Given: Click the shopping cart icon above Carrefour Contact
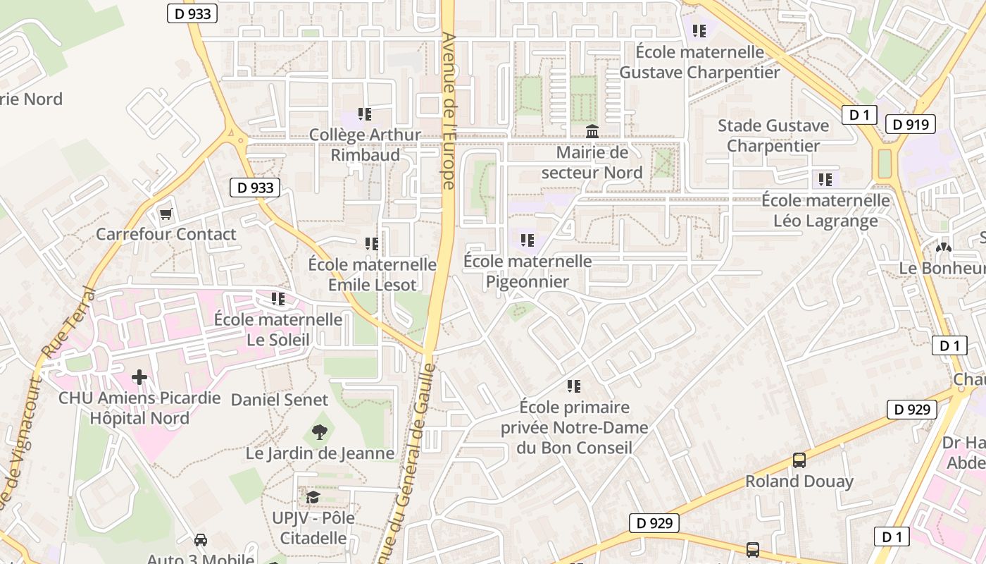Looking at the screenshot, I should pos(166,214).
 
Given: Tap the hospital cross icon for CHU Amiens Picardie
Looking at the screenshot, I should pos(139,377).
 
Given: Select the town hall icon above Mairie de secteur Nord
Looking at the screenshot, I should pos(592,132).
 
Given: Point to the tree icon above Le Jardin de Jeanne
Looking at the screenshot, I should pos(320,432).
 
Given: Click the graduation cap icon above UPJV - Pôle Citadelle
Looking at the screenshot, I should pos(313,497).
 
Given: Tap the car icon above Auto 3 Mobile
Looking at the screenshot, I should pos(201,540).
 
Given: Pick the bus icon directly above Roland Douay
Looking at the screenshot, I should pos(799,460).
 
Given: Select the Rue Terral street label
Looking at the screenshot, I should pos(68,321).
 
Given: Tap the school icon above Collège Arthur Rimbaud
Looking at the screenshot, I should pos(365,114).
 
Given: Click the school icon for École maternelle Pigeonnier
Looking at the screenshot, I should pos(528,240).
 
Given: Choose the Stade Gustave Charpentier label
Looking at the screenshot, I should pos(773,136).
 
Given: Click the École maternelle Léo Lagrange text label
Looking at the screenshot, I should pos(825,211).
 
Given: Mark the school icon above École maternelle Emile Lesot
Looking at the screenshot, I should pos(372,244).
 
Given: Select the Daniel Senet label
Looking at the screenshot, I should pos(280,400).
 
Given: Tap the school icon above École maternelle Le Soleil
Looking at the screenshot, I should pos(278,299).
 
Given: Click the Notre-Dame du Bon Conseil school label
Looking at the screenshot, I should pos(574,427).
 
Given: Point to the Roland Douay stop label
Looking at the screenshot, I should pos(799,482).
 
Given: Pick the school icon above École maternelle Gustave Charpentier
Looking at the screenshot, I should pos(699,31).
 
